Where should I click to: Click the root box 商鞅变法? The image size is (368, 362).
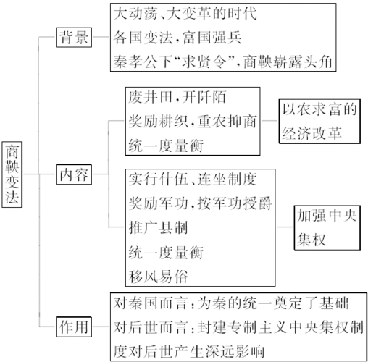tap(12, 174)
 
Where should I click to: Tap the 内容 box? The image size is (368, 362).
tap(75, 174)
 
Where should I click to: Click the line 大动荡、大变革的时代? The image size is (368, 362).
tap(184, 14)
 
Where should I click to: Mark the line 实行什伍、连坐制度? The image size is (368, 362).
tap(192, 178)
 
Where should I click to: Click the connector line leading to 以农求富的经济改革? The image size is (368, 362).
tap(269, 121)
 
